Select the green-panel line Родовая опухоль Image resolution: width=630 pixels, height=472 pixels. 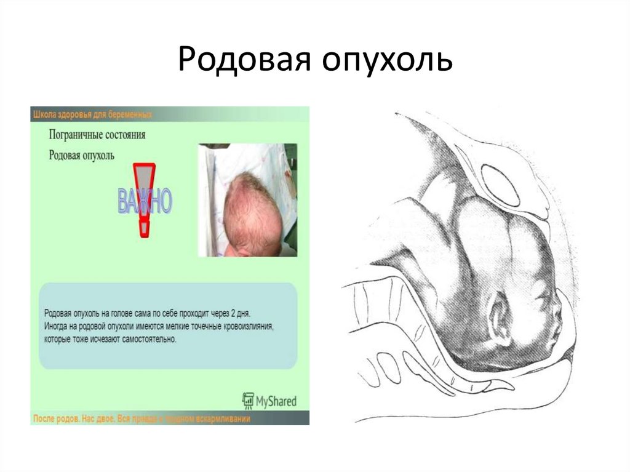coord(81,154)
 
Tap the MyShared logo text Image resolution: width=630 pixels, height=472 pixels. coord(276,401)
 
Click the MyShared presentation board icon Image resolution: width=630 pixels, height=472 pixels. coord(249,401)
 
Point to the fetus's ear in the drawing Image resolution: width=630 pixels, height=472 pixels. coord(500,318)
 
